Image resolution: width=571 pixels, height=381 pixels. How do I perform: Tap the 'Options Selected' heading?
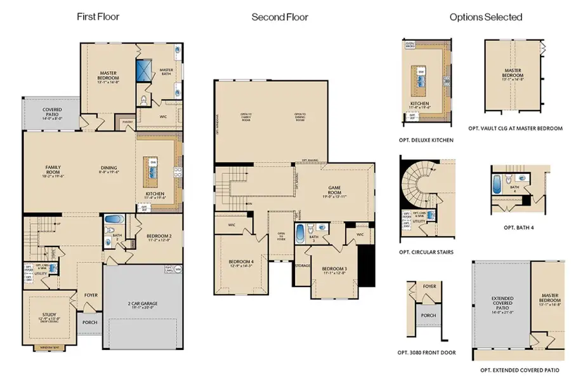point(486,17)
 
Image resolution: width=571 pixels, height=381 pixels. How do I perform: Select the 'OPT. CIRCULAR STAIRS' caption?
point(426,252)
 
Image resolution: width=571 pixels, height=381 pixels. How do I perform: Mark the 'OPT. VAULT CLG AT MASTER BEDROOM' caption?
point(515,128)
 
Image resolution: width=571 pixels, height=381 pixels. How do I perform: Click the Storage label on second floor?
point(302,265)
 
